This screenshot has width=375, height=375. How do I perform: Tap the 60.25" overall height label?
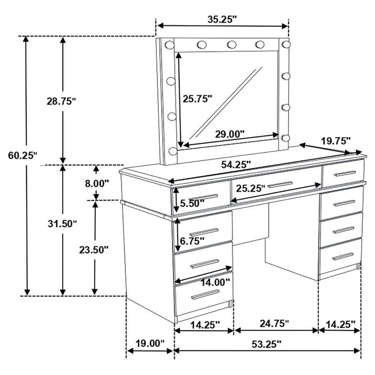coord(22,156)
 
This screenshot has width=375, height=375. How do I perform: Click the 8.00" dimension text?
coord(97,183)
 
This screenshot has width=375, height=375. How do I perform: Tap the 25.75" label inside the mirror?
coord(197,99)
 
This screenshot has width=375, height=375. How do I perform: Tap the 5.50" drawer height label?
coord(190,204)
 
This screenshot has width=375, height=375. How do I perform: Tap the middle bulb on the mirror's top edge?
coord(231,44)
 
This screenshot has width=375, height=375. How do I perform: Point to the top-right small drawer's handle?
coord(343,174)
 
